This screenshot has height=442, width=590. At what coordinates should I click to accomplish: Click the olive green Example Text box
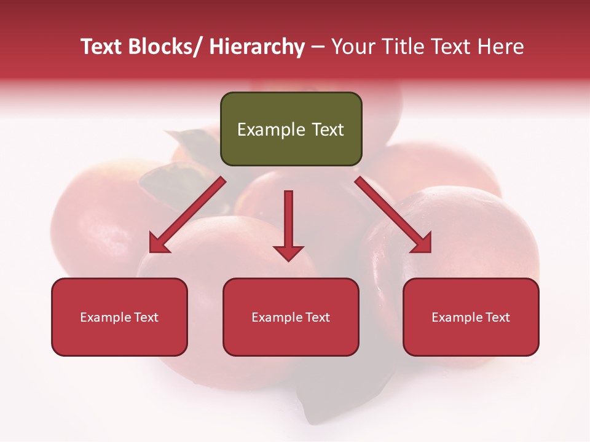(x=291, y=129)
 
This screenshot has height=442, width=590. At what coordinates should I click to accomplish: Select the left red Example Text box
(x=119, y=317)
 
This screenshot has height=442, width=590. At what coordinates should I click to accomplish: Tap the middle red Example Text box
(x=291, y=317)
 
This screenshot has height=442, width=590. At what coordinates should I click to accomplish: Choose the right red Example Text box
(x=471, y=317)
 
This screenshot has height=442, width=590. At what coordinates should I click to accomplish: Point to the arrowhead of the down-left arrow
(x=160, y=243)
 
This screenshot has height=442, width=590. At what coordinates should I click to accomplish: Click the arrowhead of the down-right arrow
(x=421, y=243)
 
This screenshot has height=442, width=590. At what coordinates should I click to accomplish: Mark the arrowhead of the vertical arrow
(x=288, y=252)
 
